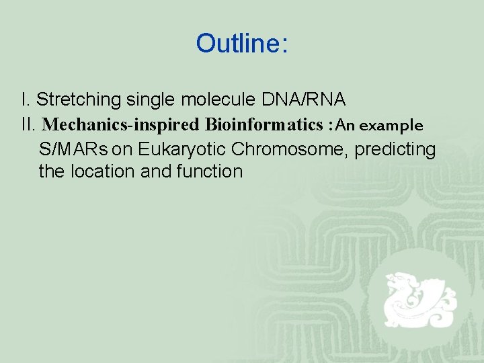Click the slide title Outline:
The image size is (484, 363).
242,44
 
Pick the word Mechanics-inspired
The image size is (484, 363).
121,125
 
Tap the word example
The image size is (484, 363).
394,126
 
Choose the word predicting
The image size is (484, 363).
395,149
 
